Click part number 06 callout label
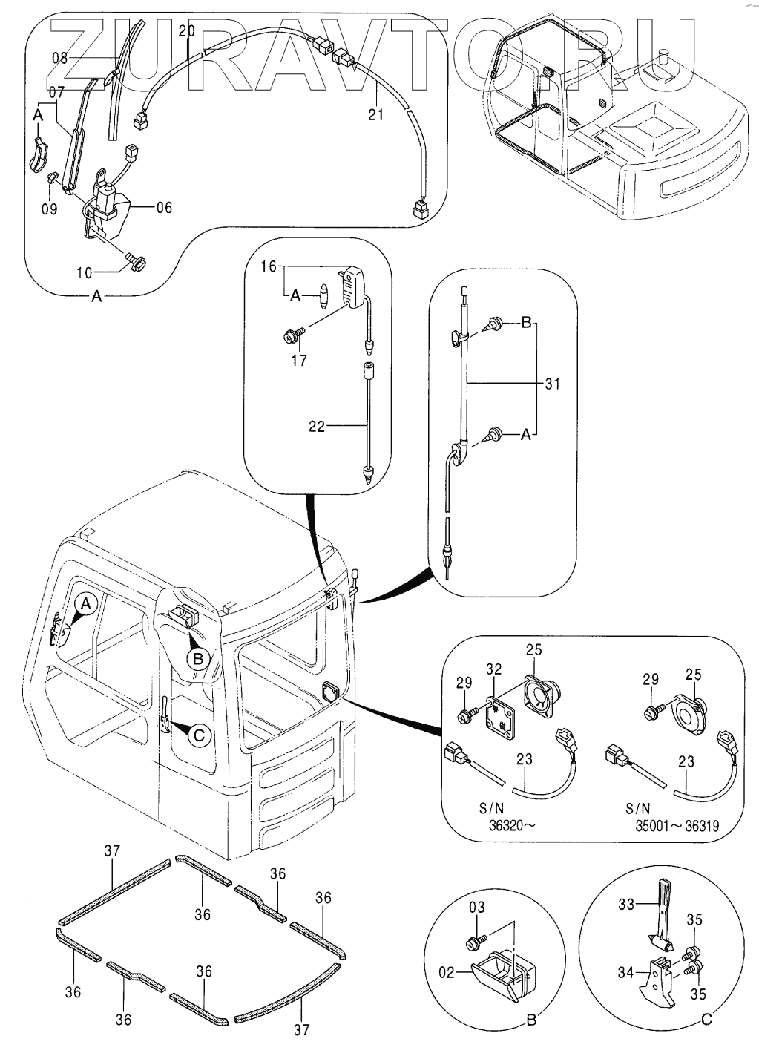163,208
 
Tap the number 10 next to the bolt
85,272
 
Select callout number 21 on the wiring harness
376,114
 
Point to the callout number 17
298,361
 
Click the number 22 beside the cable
317,427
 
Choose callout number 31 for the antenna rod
552,384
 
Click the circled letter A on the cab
86,604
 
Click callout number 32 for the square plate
494,669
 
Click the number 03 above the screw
476,908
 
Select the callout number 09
49,209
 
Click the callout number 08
59,58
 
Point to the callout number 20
186,31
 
